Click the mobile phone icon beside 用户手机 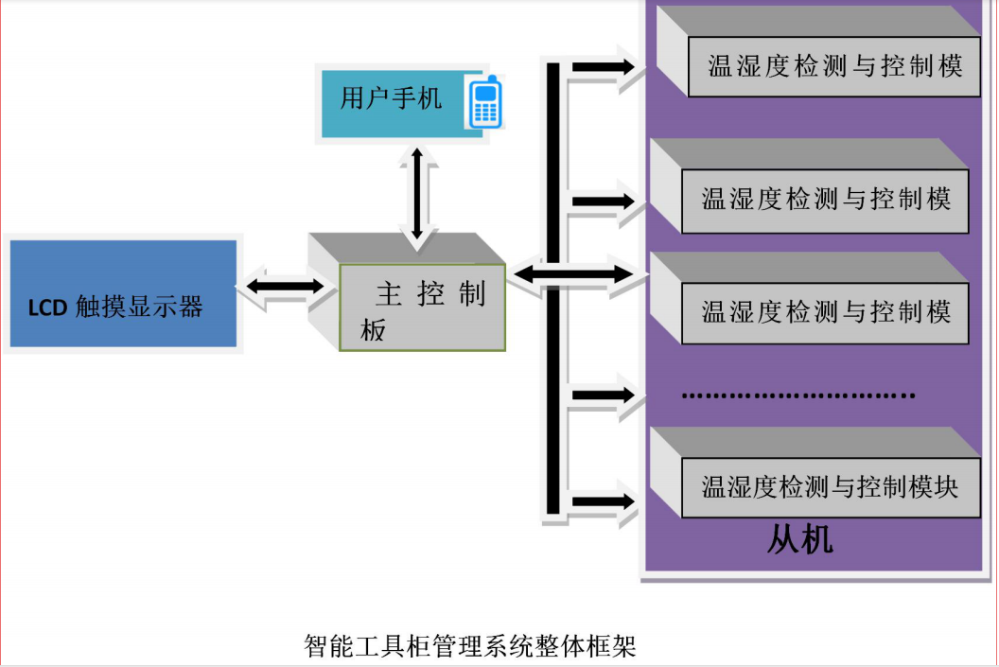pyautogui.click(x=483, y=102)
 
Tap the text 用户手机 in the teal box pyautogui.click(x=392, y=97)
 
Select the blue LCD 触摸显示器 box pyautogui.click(x=123, y=294)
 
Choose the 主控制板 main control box pyautogui.click(x=422, y=307)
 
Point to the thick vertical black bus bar pyautogui.click(x=552, y=284)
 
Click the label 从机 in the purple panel pyautogui.click(x=799, y=540)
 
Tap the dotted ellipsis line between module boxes pyautogui.click(x=798, y=394)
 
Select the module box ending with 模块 pyautogui.click(x=830, y=487)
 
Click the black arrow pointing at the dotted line pyautogui.click(x=604, y=394)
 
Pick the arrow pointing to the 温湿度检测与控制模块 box pyautogui.click(x=604, y=500)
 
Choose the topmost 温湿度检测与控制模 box pyautogui.click(x=833, y=66)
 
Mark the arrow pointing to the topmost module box pyautogui.click(x=604, y=66)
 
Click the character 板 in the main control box pyautogui.click(x=373, y=331)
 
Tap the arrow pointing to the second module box pyautogui.click(x=604, y=201)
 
